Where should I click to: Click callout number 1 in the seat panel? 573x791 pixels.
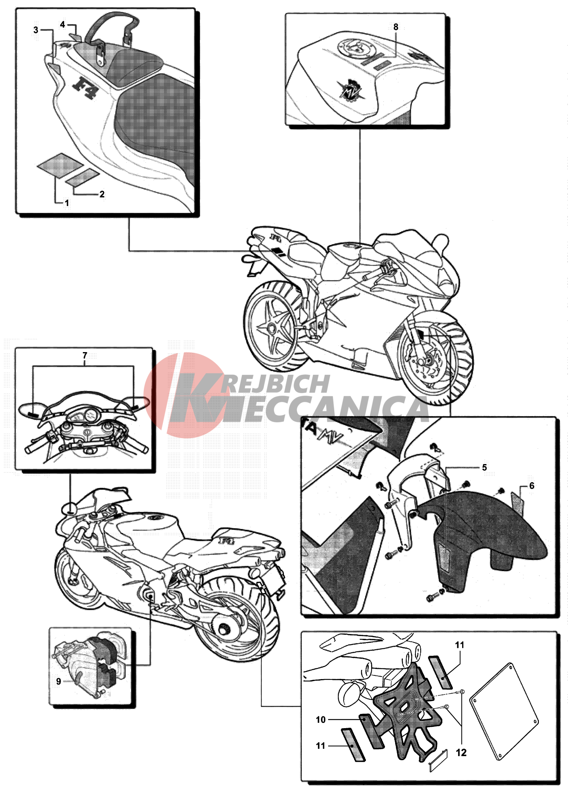tap(67, 203)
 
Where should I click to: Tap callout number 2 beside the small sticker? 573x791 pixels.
tap(102, 194)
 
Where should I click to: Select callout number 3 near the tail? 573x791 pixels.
tap(36, 30)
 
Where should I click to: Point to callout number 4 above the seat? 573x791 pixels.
tap(63, 25)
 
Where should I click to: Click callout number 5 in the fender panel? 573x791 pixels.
tap(484, 468)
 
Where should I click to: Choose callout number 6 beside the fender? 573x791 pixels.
tap(532, 486)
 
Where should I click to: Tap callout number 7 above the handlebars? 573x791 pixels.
tap(85, 355)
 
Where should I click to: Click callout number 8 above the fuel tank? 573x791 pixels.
tap(396, 27)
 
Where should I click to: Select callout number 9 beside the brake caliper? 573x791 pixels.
tap(58, 681)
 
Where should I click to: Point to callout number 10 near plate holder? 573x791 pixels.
tap(321, 720)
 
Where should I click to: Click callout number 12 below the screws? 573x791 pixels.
tap(461, 753)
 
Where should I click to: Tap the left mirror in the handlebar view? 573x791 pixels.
tap(32, 410)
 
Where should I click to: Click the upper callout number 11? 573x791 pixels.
tap(460, 645)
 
